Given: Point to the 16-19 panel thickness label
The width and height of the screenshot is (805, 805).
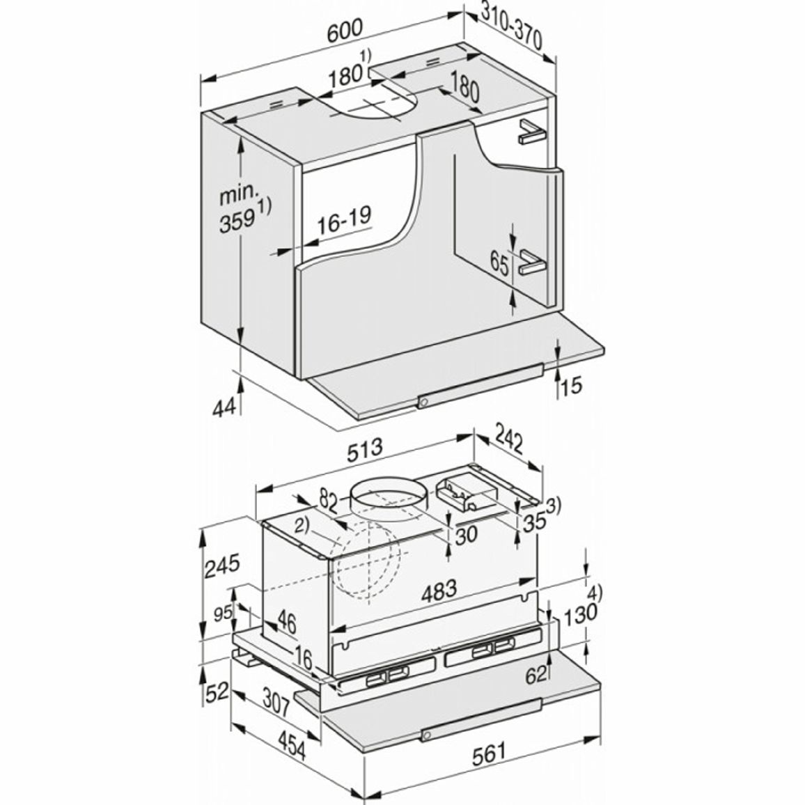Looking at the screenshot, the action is click(343, 221).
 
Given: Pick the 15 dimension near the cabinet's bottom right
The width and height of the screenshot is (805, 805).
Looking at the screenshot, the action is click(572, 384).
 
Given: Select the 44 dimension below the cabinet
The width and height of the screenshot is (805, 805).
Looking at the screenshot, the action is click(224, 407).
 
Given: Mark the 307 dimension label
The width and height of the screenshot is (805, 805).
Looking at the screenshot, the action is click(276, 702).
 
